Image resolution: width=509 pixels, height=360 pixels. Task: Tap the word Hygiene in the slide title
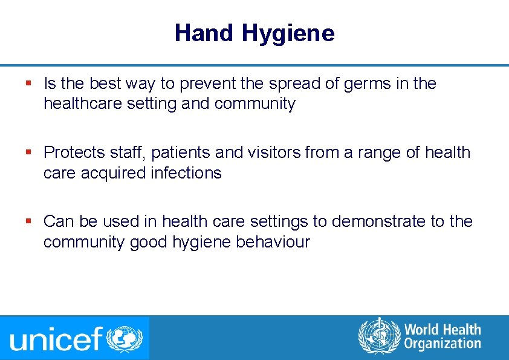tap(288, 34)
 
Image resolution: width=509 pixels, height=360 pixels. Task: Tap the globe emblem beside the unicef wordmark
tap(125, 338)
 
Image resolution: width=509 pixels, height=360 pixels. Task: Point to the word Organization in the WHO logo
tap(442, 344)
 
